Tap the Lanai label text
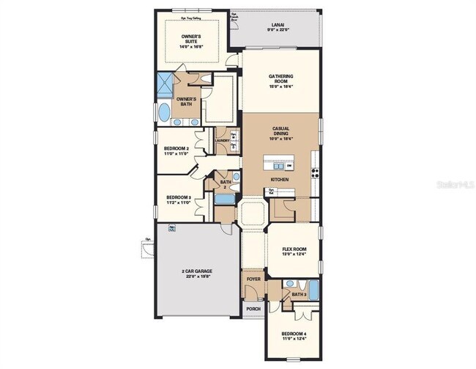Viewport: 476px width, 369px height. point(278,25)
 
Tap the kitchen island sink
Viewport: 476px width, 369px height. point(289,165)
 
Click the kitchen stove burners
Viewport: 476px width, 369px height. point(316,174)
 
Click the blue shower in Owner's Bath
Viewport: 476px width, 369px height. point(166,83)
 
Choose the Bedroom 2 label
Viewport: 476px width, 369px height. point(176,149)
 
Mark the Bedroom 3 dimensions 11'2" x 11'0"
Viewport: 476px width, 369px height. point(178,202)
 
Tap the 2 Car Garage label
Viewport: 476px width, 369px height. point(197,271)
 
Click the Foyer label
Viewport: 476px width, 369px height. point(253,279)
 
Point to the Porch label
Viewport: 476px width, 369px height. point(253,308)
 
